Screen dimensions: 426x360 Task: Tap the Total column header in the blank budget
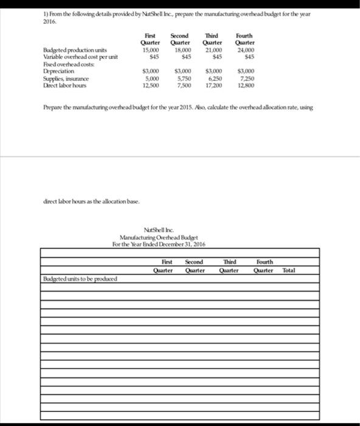point(289,270)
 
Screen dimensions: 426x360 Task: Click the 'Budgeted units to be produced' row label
point(80,279)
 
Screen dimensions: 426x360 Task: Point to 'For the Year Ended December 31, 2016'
point(159,243)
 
